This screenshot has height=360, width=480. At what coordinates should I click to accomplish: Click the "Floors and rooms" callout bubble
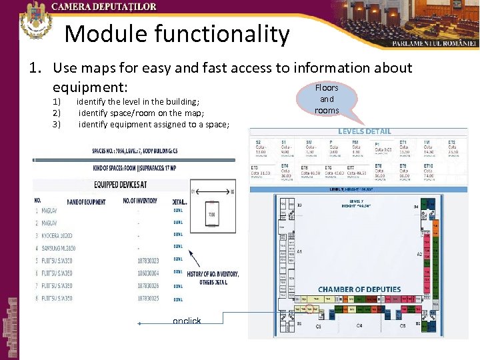[327, 99]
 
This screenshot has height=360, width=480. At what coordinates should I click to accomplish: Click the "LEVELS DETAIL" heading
[365, 131]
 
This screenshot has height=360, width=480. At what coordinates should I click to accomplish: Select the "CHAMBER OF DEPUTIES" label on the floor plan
[359, 289]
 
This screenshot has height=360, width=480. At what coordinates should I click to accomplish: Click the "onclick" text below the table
[187, 321]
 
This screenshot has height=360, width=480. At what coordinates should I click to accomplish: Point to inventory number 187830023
[147, 259]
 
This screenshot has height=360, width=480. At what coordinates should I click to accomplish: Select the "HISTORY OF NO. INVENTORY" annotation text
[213, 275]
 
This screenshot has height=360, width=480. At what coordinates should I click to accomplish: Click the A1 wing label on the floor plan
[300, 251]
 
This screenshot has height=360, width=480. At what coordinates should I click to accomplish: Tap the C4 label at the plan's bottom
[359, 326]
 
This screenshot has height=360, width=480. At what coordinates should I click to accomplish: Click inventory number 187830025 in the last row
[147, 298]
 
